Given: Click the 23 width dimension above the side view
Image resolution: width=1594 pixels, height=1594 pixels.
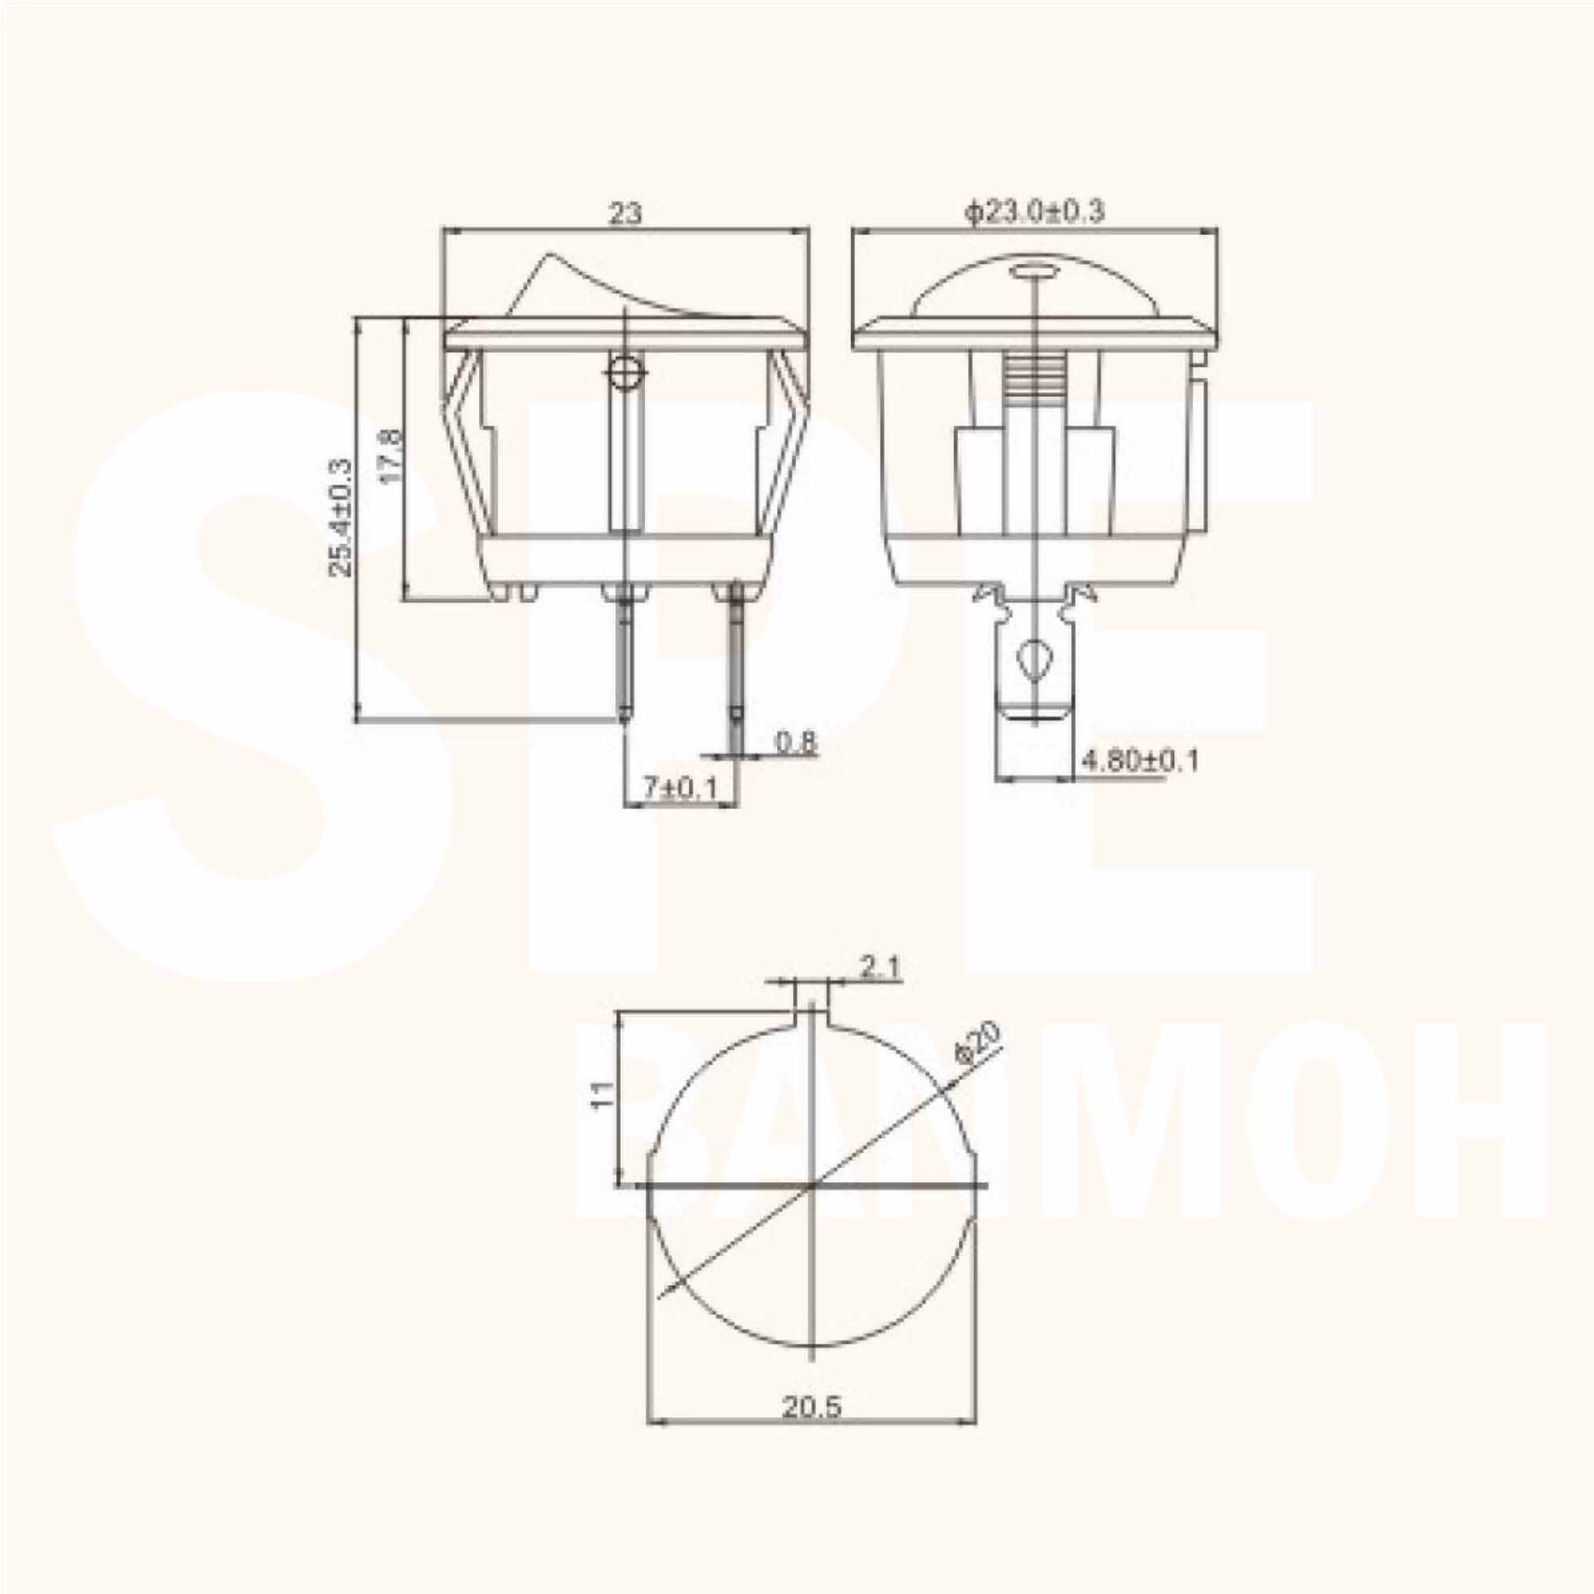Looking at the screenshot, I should tap(625, 214).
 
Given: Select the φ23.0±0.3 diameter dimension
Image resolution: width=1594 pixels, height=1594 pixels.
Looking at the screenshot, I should tap(1035, 212).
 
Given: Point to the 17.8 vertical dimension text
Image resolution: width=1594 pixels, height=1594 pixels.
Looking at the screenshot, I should tap(392, 455).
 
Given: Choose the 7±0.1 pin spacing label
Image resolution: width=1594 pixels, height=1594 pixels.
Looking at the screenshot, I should tap(680, 789).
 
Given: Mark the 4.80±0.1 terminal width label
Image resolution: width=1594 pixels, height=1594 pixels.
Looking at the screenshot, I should tap(1140, 760).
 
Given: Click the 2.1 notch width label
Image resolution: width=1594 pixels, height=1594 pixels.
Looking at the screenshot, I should tap(881, 967).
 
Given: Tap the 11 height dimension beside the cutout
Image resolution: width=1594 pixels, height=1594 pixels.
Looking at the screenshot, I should tap(603, 1094).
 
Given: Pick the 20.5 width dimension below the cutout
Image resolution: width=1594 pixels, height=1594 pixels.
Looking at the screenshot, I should tap(812, 1406).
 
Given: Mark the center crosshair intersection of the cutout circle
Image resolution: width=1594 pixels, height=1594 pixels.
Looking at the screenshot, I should tap(814, 1187).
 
